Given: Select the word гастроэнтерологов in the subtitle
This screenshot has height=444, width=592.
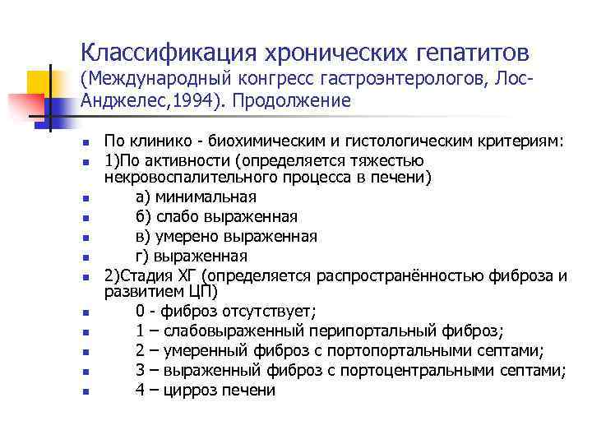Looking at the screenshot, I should point(400,80).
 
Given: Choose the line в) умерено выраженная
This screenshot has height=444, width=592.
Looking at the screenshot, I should point(227,236).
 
